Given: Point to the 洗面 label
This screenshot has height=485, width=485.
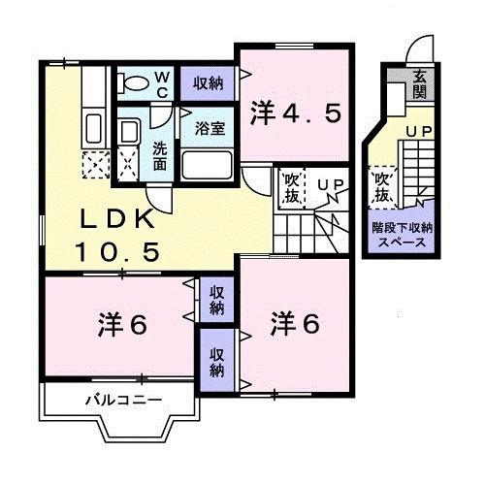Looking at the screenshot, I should coord(160,157).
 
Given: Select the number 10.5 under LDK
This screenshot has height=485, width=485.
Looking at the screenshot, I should coord(117,253).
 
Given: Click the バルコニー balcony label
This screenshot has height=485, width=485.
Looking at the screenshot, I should coord(122,399).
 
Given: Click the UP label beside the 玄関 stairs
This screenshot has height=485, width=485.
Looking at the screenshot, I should coord(418,131).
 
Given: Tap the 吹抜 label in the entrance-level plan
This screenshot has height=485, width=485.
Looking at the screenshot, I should coord(381,187).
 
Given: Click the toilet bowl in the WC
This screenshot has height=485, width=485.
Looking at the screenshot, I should coord(132,82).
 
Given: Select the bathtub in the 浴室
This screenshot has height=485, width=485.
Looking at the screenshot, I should coord(207,163).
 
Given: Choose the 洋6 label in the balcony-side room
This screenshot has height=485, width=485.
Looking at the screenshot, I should coord(121,325).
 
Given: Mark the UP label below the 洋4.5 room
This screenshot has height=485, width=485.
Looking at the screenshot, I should coord(331,184).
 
